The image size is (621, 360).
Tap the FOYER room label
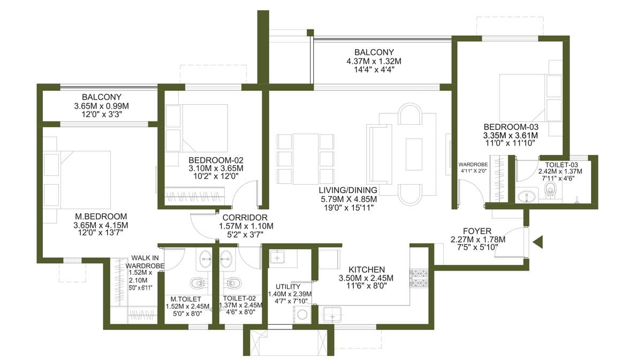[x=477, y=231]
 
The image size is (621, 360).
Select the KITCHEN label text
[x=367, y=270]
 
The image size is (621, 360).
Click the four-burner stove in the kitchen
[x=419, y=278]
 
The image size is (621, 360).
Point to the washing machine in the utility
[x=302, y=315]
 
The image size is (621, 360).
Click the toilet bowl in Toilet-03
[x=550, y=189]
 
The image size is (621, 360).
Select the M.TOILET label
[x=186, y=299]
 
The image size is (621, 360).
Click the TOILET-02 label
[x=239, y=298]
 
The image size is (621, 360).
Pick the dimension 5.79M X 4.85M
[x=348, y=199]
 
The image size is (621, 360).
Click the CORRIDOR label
[x=245, y=218]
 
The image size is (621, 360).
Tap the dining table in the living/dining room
[x=305, y=159]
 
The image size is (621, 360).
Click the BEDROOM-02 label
[x=216, y=160]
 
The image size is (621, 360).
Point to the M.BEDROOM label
[x=101, y=217]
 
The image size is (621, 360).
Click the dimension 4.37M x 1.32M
[x=374, y=62]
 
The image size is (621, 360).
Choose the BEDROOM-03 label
[x=511, y=127]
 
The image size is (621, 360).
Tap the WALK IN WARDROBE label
[x=145, y=262]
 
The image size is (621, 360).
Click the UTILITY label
[x=288, y=286]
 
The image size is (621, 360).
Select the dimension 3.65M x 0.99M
[x=101, y=106]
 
